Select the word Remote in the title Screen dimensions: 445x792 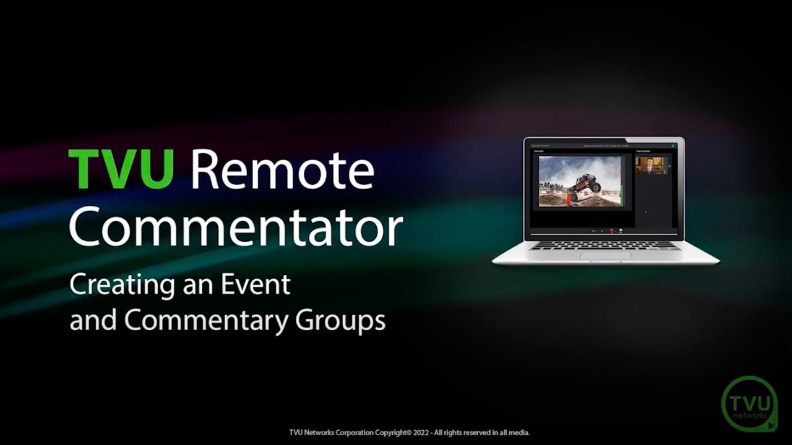click(x=282, y=170)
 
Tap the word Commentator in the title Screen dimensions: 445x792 click(x=236, y=227)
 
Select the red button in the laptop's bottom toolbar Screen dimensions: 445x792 click(x=612, y=231)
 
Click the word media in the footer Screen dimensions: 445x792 click(x=520, y=433)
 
